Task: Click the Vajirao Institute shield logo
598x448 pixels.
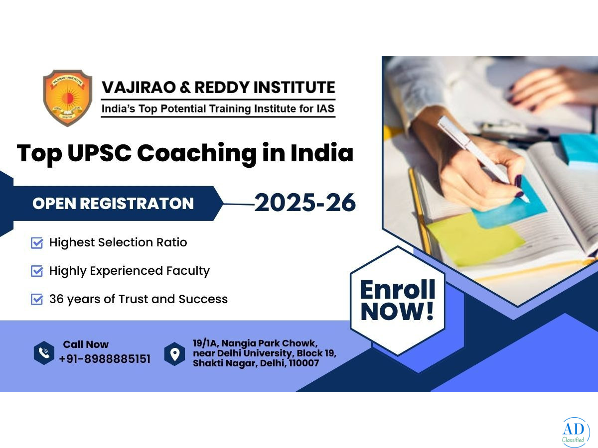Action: coord(68,98)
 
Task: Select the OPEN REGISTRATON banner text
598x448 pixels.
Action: coord(113,204)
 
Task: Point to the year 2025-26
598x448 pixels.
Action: coord(305,203)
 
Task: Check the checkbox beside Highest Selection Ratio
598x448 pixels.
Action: coord(37,243)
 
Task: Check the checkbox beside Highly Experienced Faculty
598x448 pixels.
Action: coord(37,271)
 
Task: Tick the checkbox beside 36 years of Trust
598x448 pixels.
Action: coord(37,300)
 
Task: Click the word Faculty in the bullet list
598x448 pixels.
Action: coord(188,271)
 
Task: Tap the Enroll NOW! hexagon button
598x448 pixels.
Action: coord(398,301)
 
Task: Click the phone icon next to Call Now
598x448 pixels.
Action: coord(44,353)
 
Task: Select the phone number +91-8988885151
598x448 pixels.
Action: coord(105,359)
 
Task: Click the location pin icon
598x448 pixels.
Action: coord(174,354)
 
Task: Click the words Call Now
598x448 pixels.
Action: coord(86,344)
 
